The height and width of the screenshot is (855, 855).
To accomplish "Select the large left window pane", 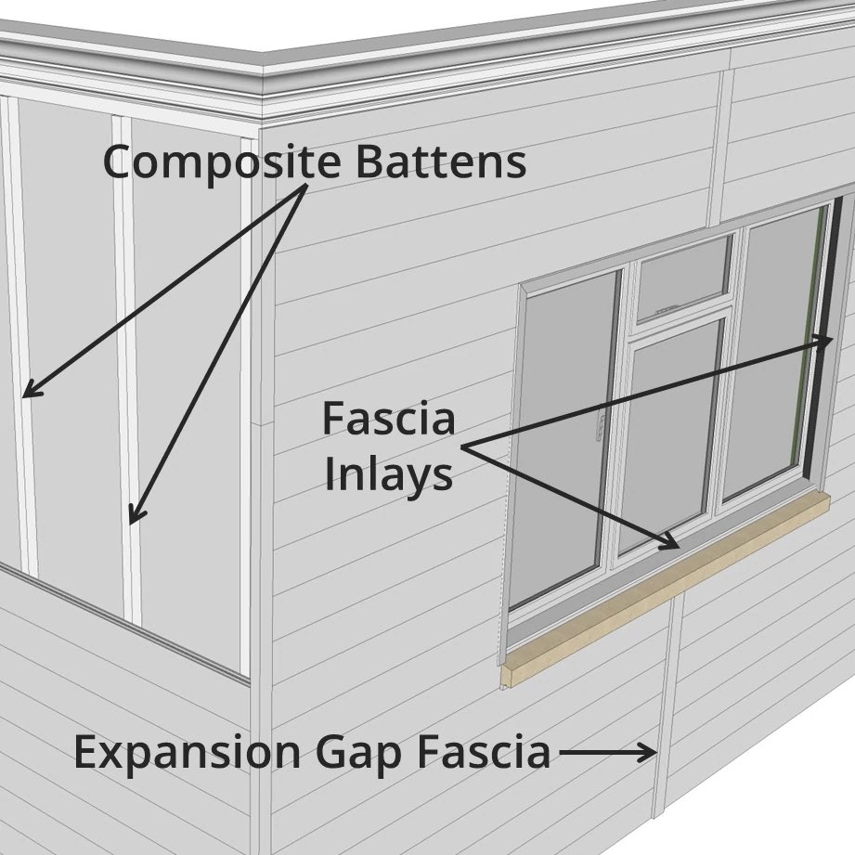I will point(566,436).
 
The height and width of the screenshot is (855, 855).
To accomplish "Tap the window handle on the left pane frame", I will point(602,428).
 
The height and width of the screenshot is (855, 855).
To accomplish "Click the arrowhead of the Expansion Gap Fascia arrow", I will point(649,753).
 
